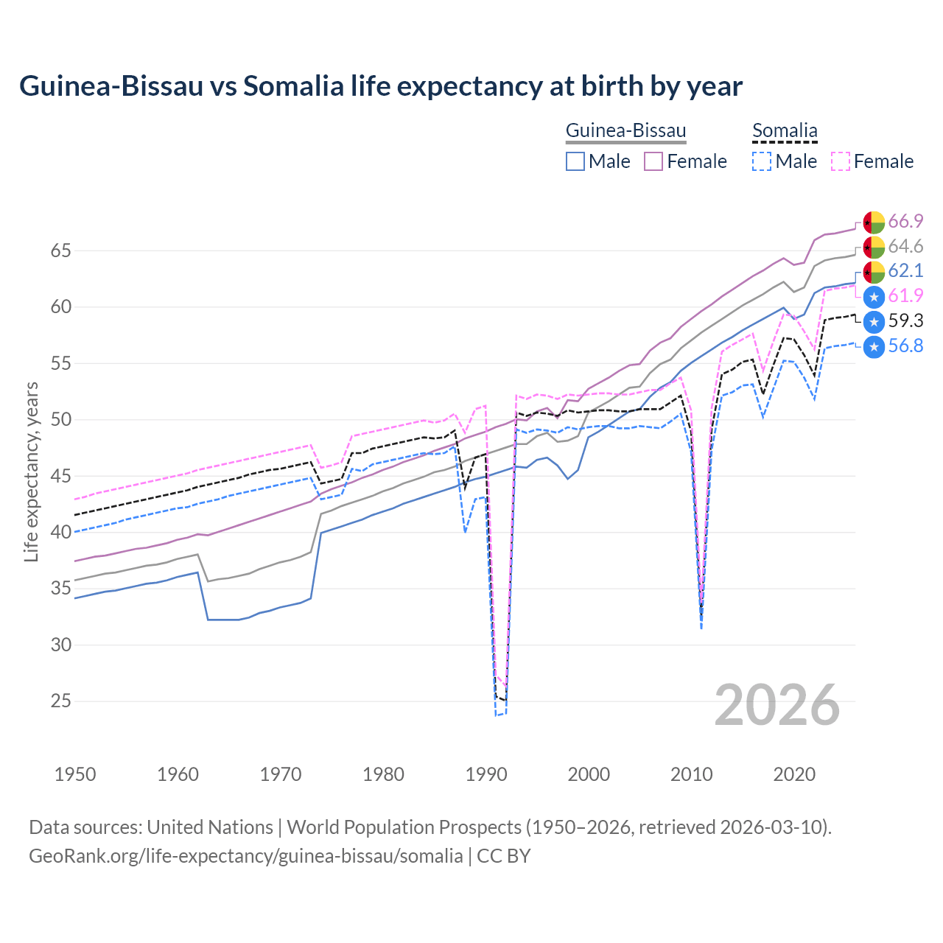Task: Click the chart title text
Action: pyautogui.click(x=381, y=86)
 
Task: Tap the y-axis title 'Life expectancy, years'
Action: pyautogui.click(x=31, y=471)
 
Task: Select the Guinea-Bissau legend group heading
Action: pyautogui.click(x=625, y=130)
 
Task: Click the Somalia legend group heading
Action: pyautogui.click(x=785, y=130)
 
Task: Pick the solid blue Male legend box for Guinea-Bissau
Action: pyautogui.click(x=575, y=161)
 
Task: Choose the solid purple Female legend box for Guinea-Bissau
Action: pyautogui.click(x=654, y=161)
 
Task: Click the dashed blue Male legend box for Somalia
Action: pyautogui.click(x=762, y=161)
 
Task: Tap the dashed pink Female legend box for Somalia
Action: pyautogui.click(x=841, y=161)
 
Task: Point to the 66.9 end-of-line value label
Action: pyautogui.click(x=905, y=221)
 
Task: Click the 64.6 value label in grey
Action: pyautogui.click(x=905, y=246)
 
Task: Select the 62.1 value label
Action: pyautogui.click(x=905, y=270)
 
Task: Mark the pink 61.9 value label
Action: pyautogui.click(x=905, y=295)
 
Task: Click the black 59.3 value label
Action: pyautogui.click(x=905, y=320)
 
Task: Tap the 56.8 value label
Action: pyautogui.click(x=905, y=346)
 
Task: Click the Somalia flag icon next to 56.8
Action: pyautogui.click(x=874, y=346)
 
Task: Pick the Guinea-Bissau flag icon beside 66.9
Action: pyautogui.click(x=874, y=222)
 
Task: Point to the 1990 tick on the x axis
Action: pyautogui.click(x=486, y=774)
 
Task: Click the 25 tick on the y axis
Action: pyautogui.click(x=60, y=701)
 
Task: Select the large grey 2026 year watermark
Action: pyautogui.click(x=777, y=705)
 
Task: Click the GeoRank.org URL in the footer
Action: pyautogui.click(x=246, y=856)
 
